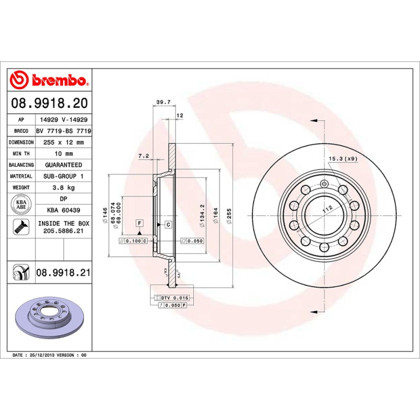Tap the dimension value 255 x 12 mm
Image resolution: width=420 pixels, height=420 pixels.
pyautogui.click(x=62, y=142)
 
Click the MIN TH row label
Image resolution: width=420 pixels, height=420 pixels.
pyautogui.click(x=22, y=153)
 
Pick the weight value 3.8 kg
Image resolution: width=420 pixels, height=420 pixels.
pyautogui.click(x=62, y=187)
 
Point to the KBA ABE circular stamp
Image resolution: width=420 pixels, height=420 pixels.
pyautogui.click(x=22, y=204)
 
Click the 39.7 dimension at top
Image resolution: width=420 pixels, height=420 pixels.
pyautogui.click(x=163, y=102)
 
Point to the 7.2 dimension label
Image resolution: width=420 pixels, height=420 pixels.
pyautogui.click(x=143, y=156)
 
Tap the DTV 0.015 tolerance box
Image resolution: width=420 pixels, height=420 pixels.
pyautogui.click(x=173, y=298)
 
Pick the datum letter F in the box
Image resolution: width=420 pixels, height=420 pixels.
pyautogui.click(x=140, y=224)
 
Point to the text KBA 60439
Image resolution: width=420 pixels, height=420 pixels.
pyautogui.click(x=63, y=211)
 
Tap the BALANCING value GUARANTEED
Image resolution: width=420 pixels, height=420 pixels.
pyautogui.click(x=63, y=165)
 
